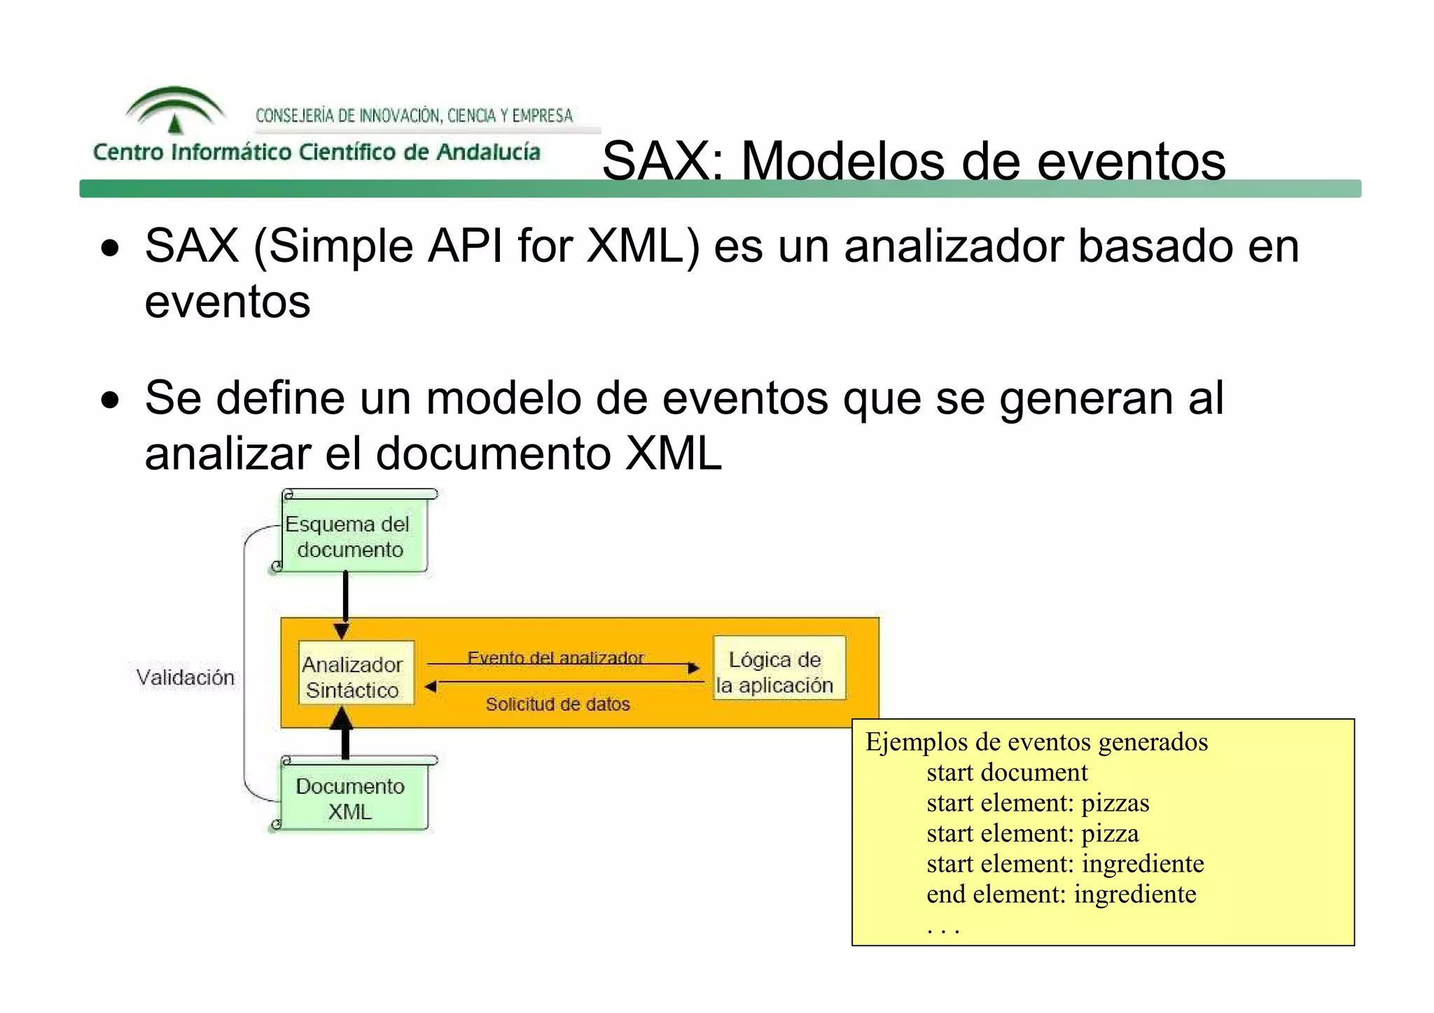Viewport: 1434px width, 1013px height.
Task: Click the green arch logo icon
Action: [x=175, y=109]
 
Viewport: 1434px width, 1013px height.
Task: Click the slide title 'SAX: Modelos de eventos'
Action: [x=913, y=161]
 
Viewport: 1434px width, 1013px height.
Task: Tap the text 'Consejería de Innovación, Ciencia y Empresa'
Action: [x=414, y=116]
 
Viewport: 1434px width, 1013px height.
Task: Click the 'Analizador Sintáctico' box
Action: [x=354, y=676]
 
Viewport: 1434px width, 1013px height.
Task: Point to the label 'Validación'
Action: [x=186, y=678]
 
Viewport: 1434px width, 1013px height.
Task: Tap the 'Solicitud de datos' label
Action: [x=557, y=704]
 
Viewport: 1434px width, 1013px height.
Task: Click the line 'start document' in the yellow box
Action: [x=1006, y=772]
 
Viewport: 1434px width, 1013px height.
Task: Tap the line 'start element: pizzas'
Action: [x=1037, y=803]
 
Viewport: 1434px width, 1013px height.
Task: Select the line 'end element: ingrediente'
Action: [x=1060, y=894]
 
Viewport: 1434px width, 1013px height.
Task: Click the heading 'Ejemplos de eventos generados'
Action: [x=1036, y=741]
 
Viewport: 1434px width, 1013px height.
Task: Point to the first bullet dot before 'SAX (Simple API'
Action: [x=110, y=248]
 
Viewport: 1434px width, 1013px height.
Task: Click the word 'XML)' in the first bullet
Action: [x=642, y=246]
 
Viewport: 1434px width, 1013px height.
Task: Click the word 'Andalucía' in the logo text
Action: [x=488, y=152]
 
